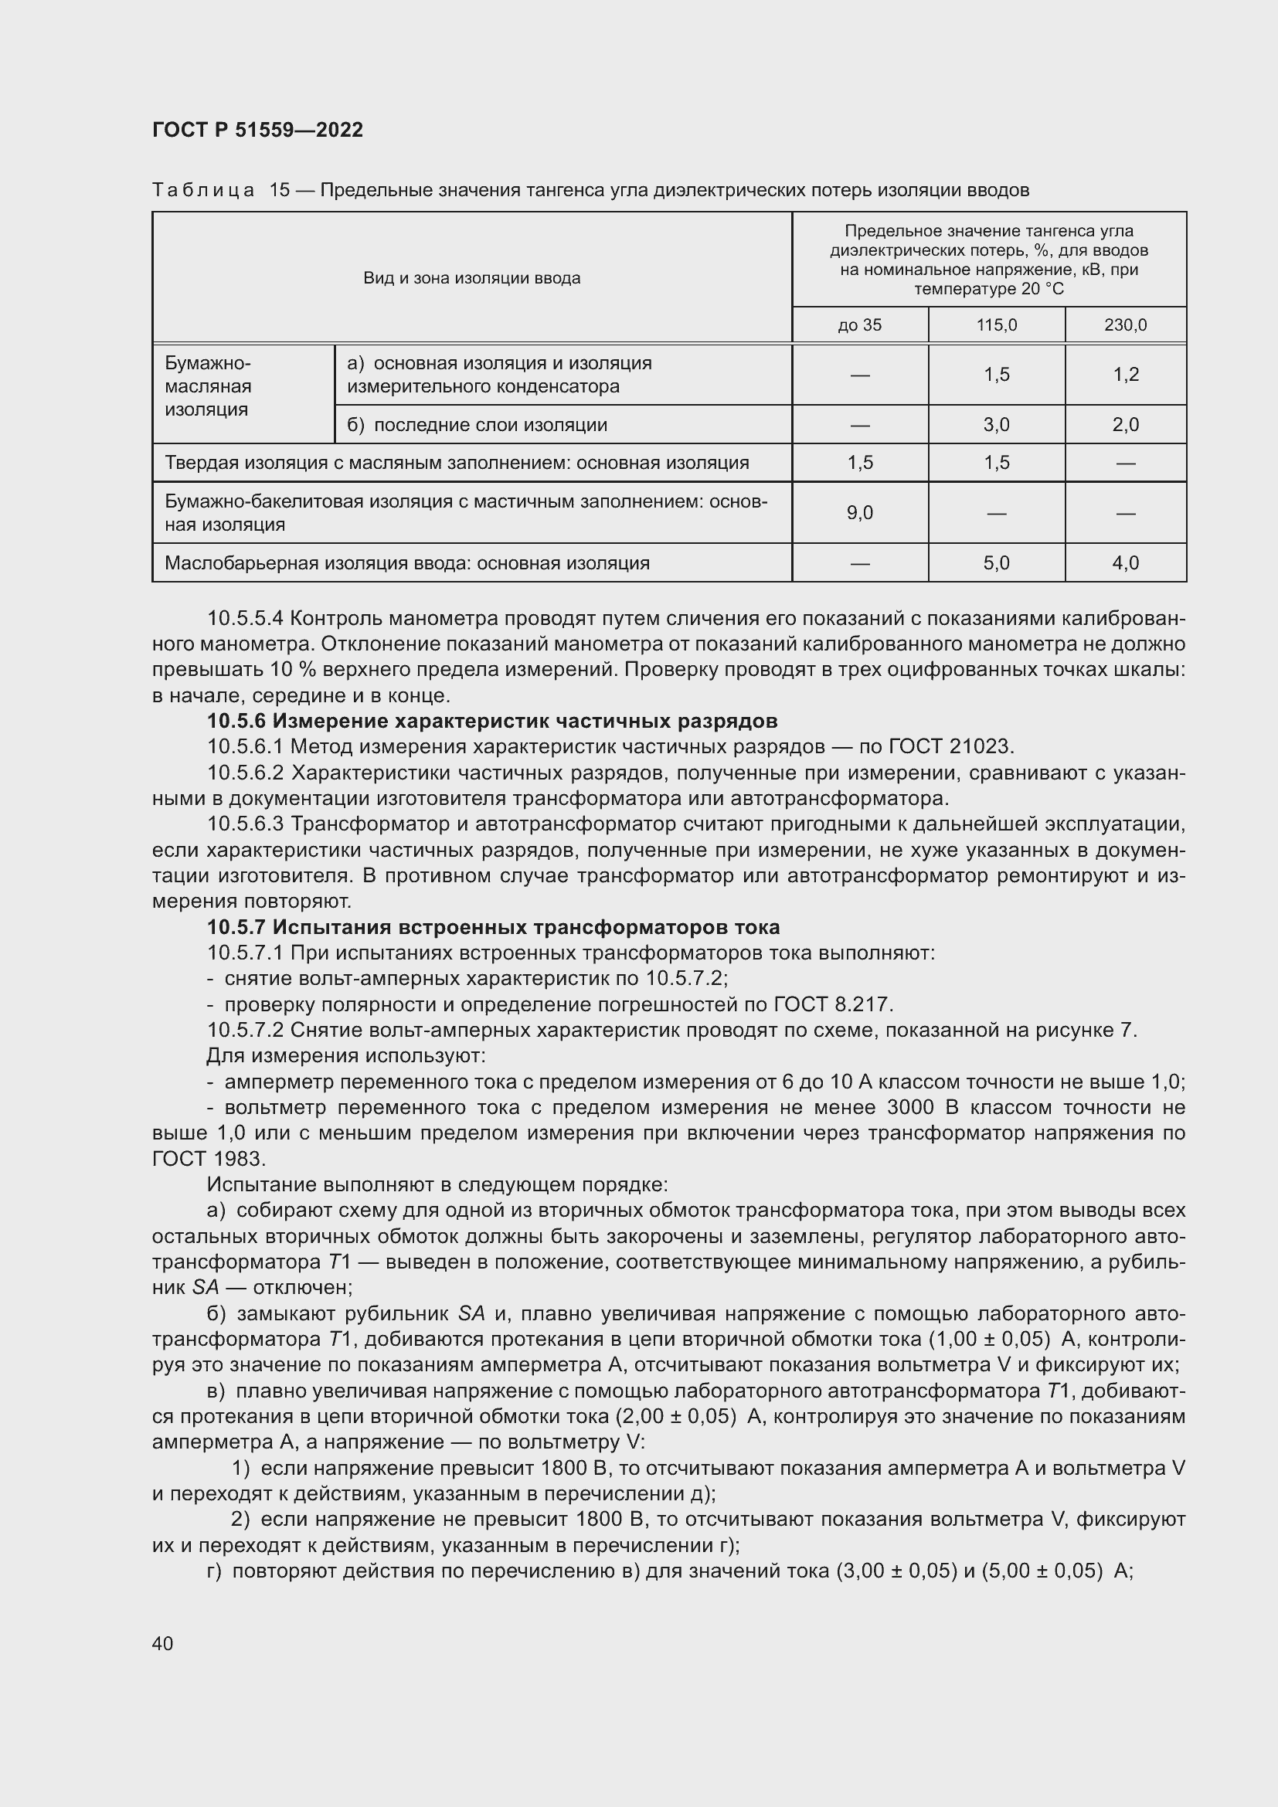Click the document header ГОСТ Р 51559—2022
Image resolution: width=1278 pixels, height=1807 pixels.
click(x=257, y=130)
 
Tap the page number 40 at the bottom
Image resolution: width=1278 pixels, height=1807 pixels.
click(x=163, y=1643)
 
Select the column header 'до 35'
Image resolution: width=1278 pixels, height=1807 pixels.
click(x=859, y=325)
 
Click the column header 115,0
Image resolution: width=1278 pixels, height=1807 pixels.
click(x=996, y=325)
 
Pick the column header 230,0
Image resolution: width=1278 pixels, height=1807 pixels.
click(x=1125, y=325)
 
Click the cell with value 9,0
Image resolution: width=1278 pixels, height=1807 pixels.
click(x=859, y=513)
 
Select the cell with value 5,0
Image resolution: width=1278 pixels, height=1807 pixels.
click(x=996, y=563)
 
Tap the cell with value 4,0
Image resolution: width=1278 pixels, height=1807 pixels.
click(x=1125, y=563)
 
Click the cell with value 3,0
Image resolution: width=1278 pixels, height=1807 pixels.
click(x=996, y=425)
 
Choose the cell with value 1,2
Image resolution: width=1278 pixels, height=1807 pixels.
click(x=1125, y=375)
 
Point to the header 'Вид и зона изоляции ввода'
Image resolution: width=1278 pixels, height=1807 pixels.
click(x=471, y=278)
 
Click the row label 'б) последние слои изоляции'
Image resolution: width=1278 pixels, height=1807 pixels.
click(x=477, y=425)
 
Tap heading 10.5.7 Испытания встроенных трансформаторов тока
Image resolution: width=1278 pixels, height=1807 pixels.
click(x=494, y=927)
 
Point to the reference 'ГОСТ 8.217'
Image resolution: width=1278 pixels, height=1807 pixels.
click(x=833, y=1005)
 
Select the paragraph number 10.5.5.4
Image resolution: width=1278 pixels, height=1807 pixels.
click(x=246, y=619)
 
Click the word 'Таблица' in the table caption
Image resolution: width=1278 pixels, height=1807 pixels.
click(x=203, y=191)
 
